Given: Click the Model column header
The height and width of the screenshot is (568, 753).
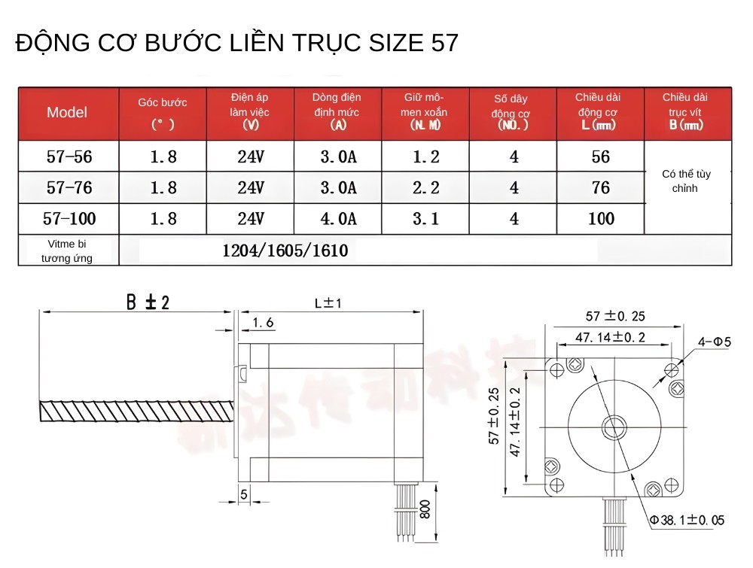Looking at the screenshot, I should [x=67, y=113].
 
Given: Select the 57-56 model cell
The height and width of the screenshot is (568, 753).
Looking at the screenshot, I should [x=69, y=157].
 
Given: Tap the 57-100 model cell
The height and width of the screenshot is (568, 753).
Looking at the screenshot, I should [x=69, y=219].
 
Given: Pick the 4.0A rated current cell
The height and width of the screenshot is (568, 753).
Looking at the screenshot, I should [x=337, y=219].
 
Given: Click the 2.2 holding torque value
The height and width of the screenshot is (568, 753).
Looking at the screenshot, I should [x=425, y=187].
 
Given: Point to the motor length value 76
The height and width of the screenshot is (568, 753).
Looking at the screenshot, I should [x=600, y=187].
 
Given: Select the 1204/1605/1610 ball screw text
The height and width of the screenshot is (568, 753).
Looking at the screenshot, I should [x=285, y=251].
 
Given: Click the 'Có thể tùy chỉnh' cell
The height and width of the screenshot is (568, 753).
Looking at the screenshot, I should [x=686, y=181].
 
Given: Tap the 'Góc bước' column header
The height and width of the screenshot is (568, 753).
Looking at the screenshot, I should [x=163, y=113].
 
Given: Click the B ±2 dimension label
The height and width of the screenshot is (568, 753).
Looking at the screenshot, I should [x=147, y=302].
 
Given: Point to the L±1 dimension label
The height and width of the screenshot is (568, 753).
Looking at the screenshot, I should [x=328, y=303].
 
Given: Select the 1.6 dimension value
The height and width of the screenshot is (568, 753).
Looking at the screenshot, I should [x=263, y=323].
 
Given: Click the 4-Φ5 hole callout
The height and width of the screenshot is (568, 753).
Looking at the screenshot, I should [x=715, y=342].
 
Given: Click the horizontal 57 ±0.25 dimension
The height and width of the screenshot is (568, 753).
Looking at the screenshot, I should [x=615, y=316].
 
